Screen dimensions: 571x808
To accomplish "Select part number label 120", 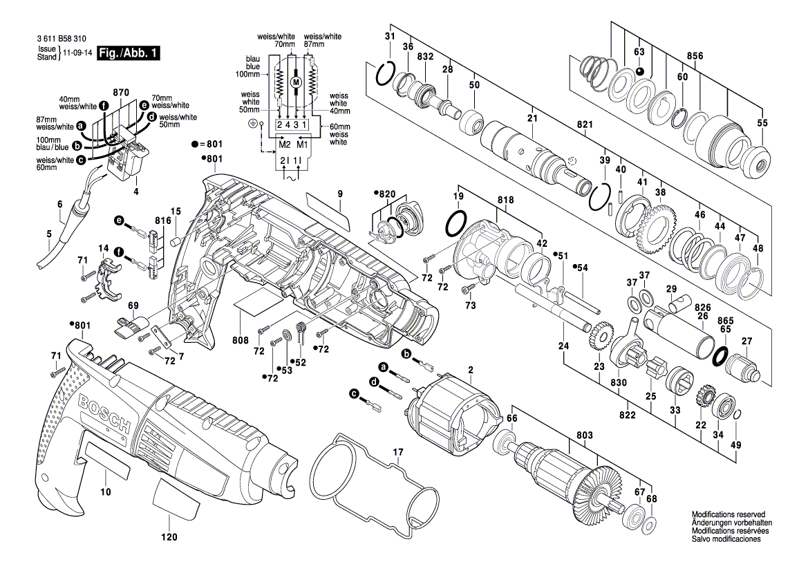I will pyautogui.click(x=169, y=537).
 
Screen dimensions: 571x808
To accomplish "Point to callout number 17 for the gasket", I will pyautogui.click(x=397, y=453).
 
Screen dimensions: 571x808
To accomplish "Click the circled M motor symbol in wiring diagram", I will pyautogui.click(x=297, y=82).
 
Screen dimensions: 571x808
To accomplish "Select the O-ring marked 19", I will pyautogui.click(x=455, y=224).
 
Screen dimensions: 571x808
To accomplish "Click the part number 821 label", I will pyautogui.click(x=585, y=124).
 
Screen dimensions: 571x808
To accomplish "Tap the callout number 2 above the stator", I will pyautogui.click(x=471, y=371).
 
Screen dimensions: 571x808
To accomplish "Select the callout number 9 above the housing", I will pyautogui.click(x=340, y=195).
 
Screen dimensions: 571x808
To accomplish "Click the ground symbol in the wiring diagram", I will pyautogui.click(x=252, y=124).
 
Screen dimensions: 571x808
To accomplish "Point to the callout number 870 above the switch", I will pyautogui.click(x=121, y=93).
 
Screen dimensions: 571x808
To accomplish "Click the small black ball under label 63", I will pyautogui.click(x=639, y=71).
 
